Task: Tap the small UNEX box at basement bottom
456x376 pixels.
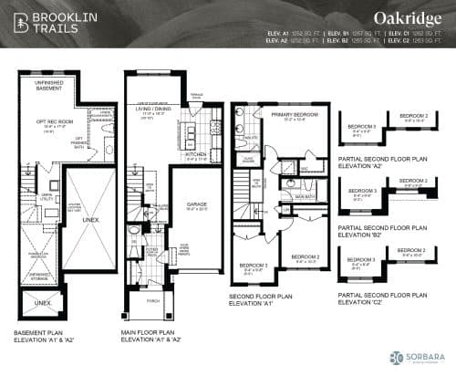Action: (43, 301)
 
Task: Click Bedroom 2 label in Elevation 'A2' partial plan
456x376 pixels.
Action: (413, 116)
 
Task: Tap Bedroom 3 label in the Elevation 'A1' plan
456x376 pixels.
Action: (252, 265)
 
